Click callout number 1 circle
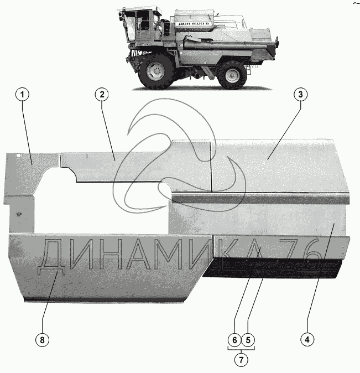[22, 95]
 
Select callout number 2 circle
[102, 95]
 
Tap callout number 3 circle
[300, 95]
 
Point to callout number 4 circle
[307, 339]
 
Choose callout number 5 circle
[248, 340]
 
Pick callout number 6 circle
[234, 340]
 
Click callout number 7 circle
[241, 360]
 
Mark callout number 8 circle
[42, 340]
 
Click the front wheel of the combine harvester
[156, 71]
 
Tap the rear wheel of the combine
[232, 75]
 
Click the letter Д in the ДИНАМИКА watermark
[51, 256]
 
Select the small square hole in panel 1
[19, 156]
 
